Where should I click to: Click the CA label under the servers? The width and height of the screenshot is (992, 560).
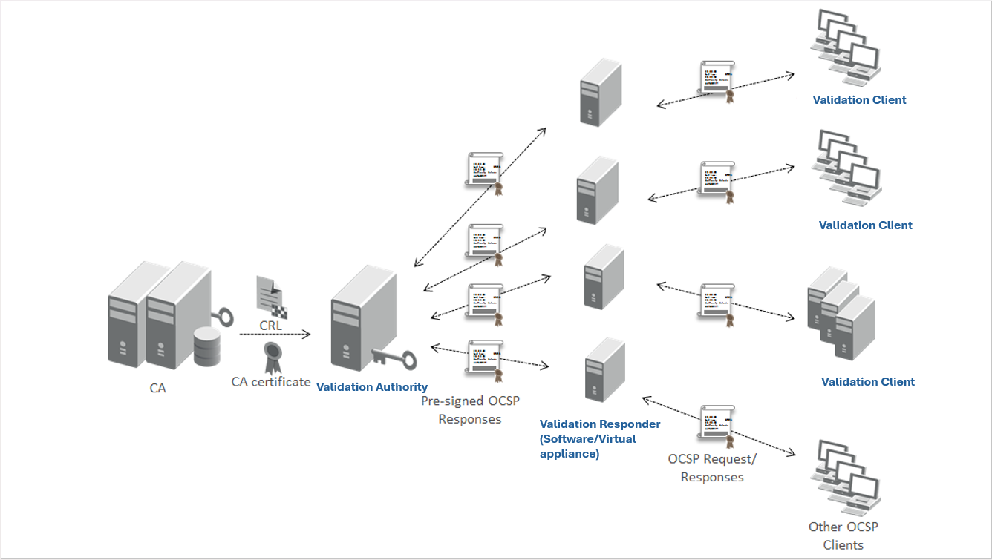pos(157,388)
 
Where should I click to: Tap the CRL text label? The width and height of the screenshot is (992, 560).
pos(270,326)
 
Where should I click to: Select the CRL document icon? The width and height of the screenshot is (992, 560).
pos(272,297)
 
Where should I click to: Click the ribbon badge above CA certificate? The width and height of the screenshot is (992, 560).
pos(273,358)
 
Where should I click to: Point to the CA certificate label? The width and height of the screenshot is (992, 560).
pos(271,382)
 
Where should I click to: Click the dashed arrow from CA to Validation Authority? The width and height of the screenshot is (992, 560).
pos(275,335)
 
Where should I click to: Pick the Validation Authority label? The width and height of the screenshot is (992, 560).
pos(372,387)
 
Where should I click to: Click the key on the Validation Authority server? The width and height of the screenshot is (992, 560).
pos(394,358)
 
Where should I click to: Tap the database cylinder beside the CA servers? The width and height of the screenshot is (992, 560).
pos(207,346)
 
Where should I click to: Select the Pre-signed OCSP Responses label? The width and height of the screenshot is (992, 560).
pos(470,409)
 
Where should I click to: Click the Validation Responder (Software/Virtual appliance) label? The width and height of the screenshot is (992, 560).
pos(600,439)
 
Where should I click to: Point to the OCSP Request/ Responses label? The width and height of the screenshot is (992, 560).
pos(712,468)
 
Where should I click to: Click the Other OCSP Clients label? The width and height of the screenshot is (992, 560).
pos(843,536)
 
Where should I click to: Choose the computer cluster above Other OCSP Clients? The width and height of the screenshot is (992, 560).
pos(846,478)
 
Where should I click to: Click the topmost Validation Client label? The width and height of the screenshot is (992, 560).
pos(859,100)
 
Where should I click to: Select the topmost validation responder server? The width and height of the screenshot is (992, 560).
pos(601,93)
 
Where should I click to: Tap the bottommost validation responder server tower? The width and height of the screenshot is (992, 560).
pos(605,370)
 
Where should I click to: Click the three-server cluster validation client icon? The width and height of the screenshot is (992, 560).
pos(841,314)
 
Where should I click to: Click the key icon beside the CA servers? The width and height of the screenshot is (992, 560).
pos(223,317)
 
